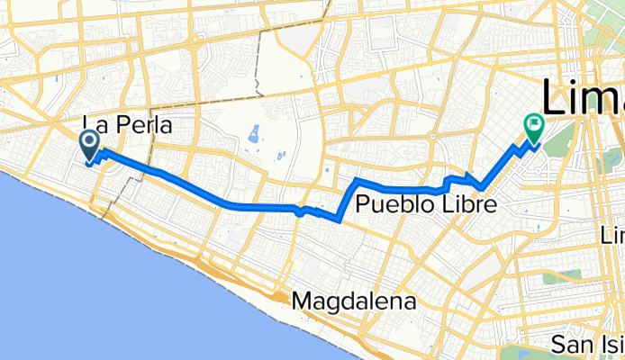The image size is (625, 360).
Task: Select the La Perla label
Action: [x=127, y=123]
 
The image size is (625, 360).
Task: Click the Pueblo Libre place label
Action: [x=425, y=204]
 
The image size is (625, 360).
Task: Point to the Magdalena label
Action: [x=354, y=302]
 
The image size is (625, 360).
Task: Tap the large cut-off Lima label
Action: [x=582, y=94]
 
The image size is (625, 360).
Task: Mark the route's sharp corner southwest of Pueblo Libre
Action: [x=339, y=218]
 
